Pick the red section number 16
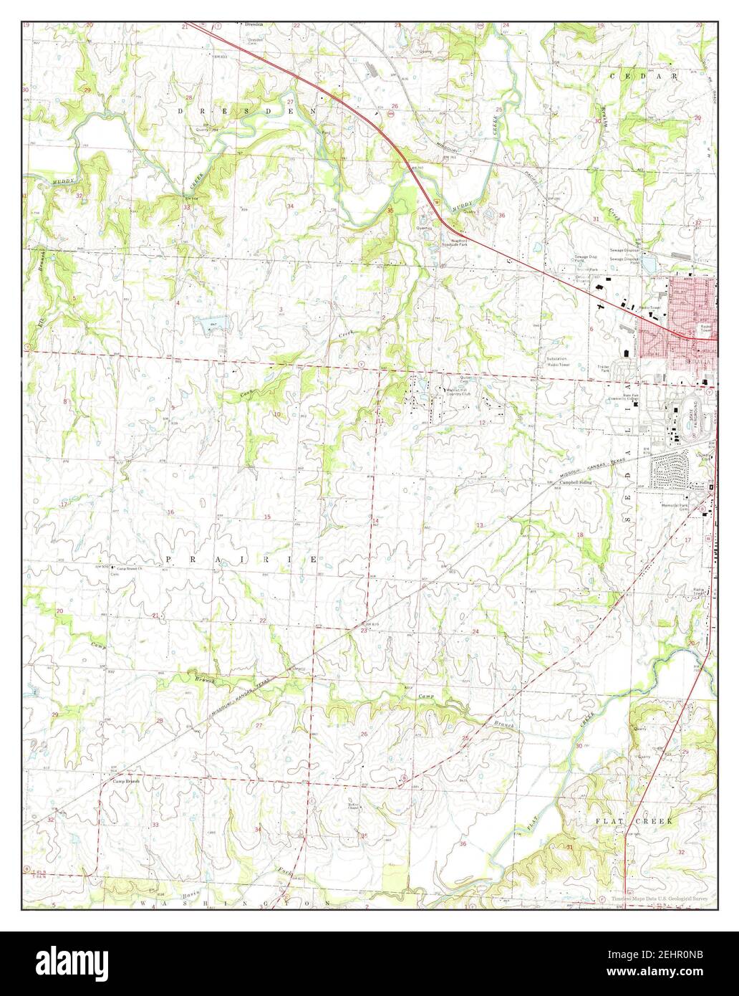170,512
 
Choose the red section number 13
480,526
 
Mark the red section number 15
267,517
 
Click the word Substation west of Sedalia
556,358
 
